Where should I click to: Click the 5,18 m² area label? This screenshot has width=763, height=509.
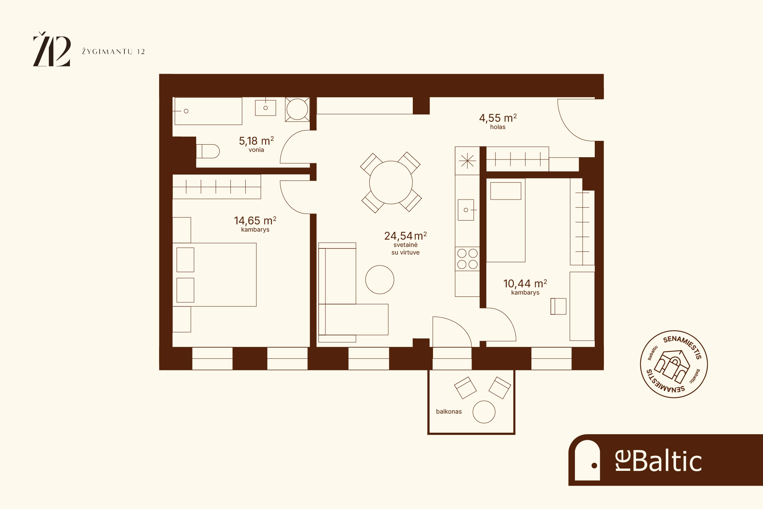pos(256,141)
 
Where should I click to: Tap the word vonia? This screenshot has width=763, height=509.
pos(256,150)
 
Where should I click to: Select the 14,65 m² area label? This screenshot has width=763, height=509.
pos(255,221)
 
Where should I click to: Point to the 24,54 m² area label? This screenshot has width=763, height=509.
pos(406,236)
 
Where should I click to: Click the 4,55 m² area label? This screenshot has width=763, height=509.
pos(498,118)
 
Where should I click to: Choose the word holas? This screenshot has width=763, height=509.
pos(498,127)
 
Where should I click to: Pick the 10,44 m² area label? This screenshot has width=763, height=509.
pos(525,283)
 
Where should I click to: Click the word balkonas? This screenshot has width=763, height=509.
pos(449,411)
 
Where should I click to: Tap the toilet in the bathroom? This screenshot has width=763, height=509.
pos(208,151)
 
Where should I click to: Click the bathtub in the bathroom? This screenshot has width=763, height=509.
pos(208,111)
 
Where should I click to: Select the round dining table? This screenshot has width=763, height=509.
pos(391,182)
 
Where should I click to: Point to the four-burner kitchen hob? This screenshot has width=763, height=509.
pos(467,259)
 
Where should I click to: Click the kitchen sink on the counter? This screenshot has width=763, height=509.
pos(466,210)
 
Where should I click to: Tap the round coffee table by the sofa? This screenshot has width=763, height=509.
pos(380,280)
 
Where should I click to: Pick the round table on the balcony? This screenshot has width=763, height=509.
pos(484,412)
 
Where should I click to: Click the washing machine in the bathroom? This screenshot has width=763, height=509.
pos(297,110)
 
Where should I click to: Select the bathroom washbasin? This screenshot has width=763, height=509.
pos(266,108)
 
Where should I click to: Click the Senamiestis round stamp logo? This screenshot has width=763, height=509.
pos(674,364)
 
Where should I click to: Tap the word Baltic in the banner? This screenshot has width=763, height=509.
pos(667,461)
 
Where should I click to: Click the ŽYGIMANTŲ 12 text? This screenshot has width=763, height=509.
pos(113,52)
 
